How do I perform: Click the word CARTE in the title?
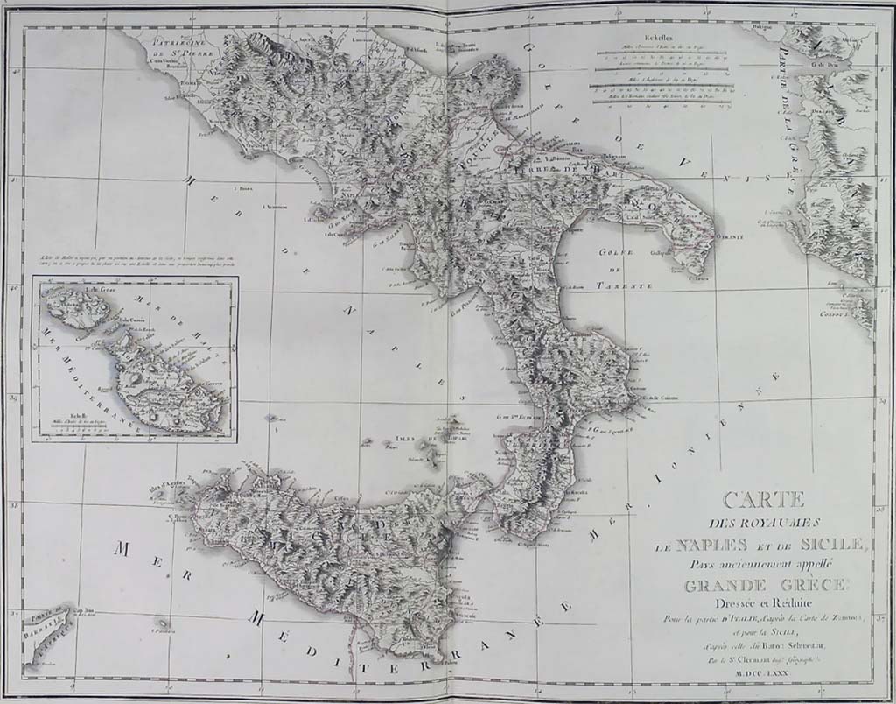(763, 500)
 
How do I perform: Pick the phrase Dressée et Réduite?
(762, 602)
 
